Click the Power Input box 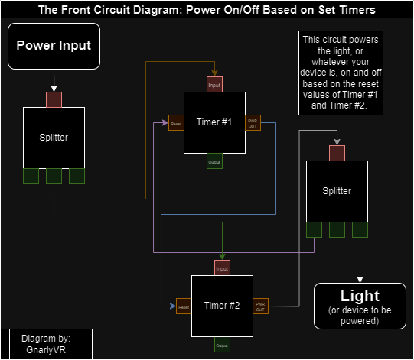pos(54,46)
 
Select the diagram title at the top pos(207,10)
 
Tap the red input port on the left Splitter pos(54,99)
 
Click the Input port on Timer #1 pos(214,85)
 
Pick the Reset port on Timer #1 pos(176,122)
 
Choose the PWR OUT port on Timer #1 pos(253,122)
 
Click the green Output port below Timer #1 pos(214,161)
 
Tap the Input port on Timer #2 pos(222,268)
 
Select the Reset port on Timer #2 pos(184,306)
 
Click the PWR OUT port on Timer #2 pos(260,306)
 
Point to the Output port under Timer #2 pos(222,345)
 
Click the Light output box pos(360,306)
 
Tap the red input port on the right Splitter pos(337,153)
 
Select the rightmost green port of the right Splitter pos(360,229)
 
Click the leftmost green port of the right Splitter pos(314,229)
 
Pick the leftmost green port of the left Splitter pos(31,176)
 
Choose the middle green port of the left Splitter pos(54,176)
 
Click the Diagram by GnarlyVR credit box pos(46,344)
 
